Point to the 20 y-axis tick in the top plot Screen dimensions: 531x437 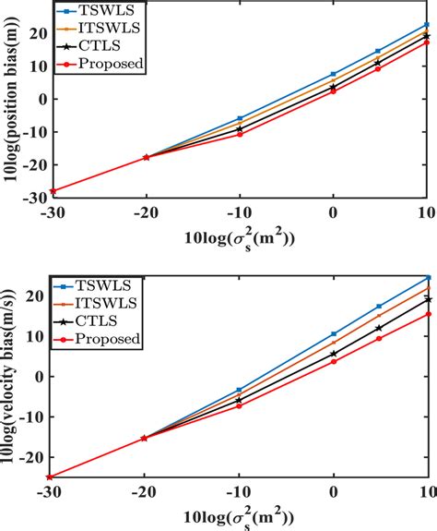click(35, 33)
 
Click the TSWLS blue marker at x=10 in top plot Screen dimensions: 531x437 click(426, 25)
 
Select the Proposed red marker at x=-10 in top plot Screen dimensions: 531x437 click(239, 134)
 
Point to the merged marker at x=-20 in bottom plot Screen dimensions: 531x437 click(145, 438)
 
